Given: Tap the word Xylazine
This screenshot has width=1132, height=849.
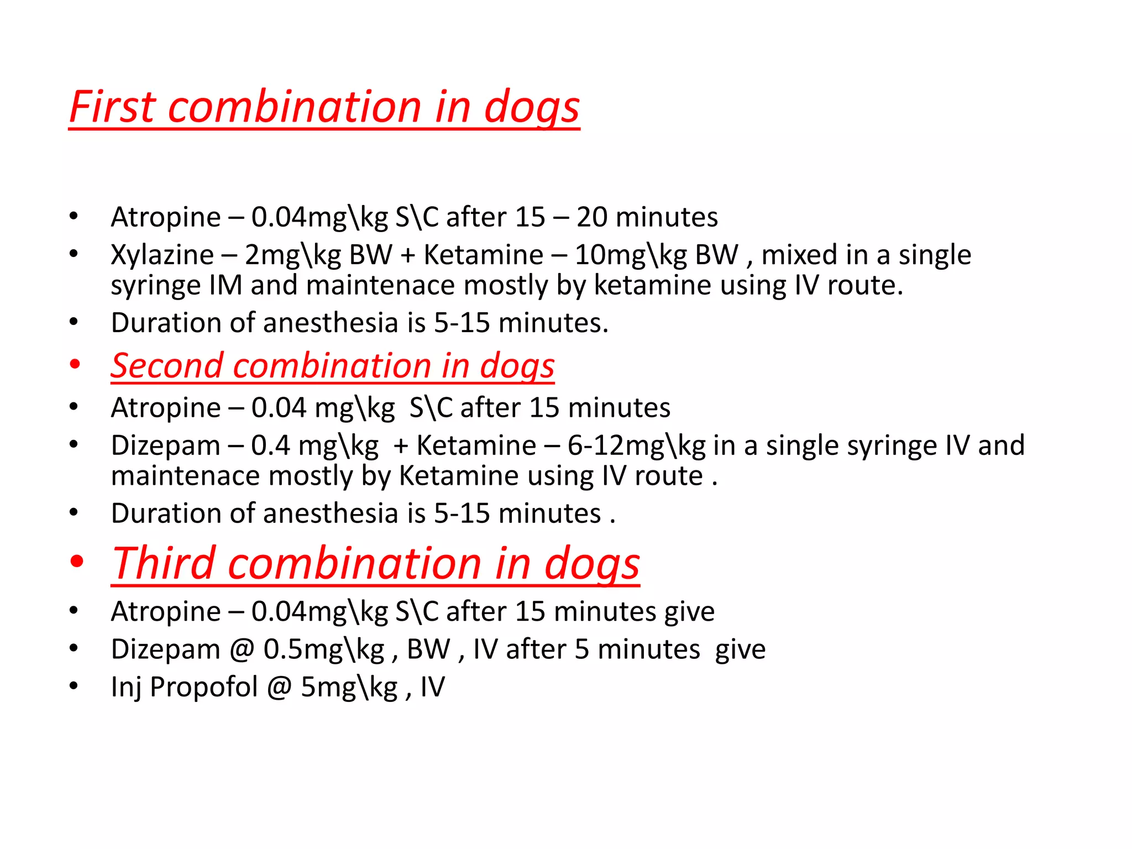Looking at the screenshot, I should pyautogui.click(x=162, y=255).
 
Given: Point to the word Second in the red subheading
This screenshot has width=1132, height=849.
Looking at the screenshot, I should pyautogui.click(x=166, y=366).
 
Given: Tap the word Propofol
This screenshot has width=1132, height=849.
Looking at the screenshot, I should pyautogui.click(x=203, y=687).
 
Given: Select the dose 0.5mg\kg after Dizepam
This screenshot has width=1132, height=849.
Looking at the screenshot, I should pyautogui.click(x=323, y=650).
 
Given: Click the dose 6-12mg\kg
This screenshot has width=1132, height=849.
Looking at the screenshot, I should pyautogui.click(x=636, y=446).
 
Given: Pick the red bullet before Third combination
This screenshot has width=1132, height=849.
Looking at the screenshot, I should pyautogui.click(x=77, y=562).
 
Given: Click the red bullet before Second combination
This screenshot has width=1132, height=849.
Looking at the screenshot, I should pyautogui.click(x=75, y=365).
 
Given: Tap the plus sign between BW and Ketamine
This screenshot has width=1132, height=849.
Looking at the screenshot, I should pyautogui.click(x=407, y=256).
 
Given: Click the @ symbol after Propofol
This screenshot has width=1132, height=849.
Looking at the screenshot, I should pyautogui.click(x=279, y=687).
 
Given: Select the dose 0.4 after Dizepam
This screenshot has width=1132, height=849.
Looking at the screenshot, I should pyautogui.click(x=270, y=446).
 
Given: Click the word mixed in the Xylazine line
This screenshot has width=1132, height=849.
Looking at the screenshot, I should pyautogui.click(x=798, y=255).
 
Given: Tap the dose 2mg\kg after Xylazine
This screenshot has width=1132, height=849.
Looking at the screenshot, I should pyautogui.click(x=292, y=256).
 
